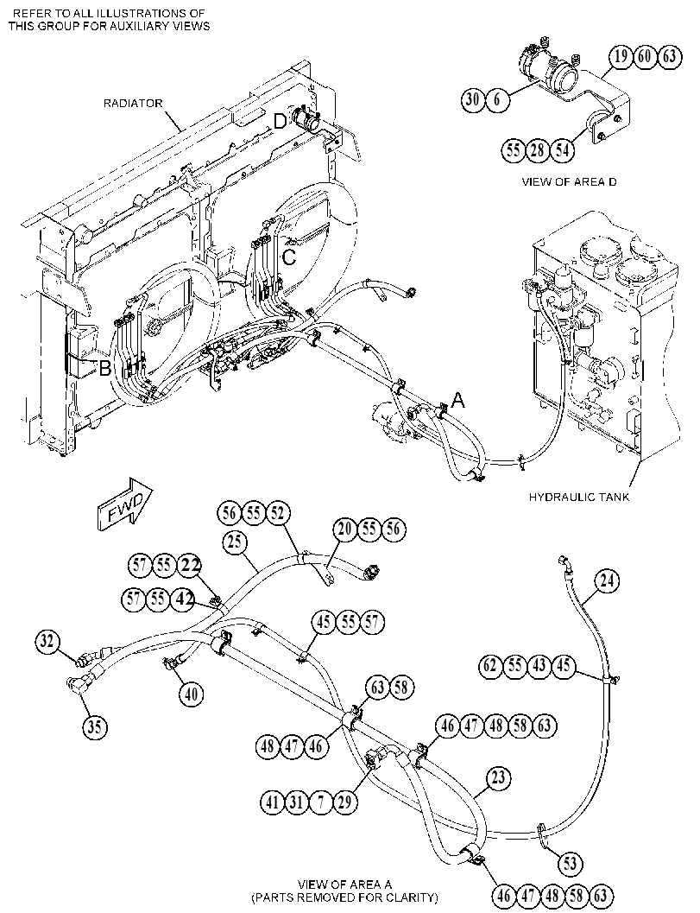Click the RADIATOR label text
pos(133,104)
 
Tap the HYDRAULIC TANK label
pos(578,497)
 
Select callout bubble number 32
pos(47,642)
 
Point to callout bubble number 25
pos(235,542)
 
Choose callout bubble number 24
pos(607,580)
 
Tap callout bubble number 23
pos(499,777)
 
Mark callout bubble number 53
pos(570,862)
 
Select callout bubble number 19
pos(621,56)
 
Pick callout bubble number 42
pos(183,599)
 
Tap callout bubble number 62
pos(491,664)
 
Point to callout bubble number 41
pos(272,802)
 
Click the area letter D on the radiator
pos(281,121)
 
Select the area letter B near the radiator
pos(105,369)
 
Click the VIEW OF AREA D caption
pos(569,181)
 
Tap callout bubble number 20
pos(345,529)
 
